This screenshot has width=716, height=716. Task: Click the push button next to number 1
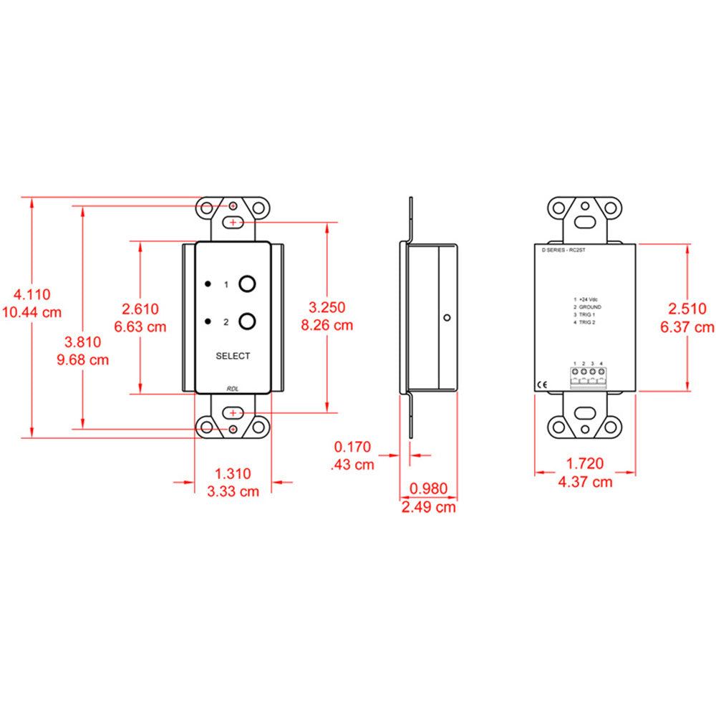pos(247,284)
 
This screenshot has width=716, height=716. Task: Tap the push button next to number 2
pos(247,321)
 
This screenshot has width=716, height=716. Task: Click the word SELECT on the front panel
pos(233,356)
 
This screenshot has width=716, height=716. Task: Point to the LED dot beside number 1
pos(208,284)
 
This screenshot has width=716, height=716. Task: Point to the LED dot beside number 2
pos(208,321)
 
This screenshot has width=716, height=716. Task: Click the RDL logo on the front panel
pos(233,388)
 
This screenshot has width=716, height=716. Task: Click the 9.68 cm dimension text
pos(82,359)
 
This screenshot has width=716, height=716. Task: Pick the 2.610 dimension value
pos(140,309)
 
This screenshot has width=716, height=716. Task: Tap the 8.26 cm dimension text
pos(327,324)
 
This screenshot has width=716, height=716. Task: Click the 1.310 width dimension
pos(233,473)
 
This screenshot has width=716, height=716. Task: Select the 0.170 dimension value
pos(353,447)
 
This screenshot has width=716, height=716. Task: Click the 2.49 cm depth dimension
pos(427,507)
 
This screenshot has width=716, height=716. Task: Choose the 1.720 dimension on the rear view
pos(585,463)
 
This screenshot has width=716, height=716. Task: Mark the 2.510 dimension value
pos(687,309)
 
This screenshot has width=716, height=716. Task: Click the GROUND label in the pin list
pos(590,306)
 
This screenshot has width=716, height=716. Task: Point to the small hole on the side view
pos(446,317)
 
